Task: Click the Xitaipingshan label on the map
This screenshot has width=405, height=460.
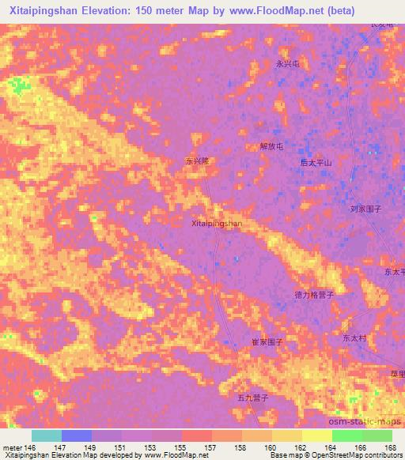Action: pyautogui.click(x=217, y=224)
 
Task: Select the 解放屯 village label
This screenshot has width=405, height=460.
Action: pyautogui.click(x=271, y=146)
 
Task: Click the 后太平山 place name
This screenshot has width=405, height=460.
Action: pyautogui.click(x=316, y=162)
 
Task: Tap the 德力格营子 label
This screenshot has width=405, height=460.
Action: pyautogui.click(x=315, y=294)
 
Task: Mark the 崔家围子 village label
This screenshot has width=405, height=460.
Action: pyautogui.click(x=267, y=343)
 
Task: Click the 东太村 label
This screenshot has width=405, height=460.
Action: pyautogui.click(x=355, y=337)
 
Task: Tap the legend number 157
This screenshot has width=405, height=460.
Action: pyautogui.click(x=211, y=447)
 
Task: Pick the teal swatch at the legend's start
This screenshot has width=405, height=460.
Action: pyautogui.click(x=47, y=435)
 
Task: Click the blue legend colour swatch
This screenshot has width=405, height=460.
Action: pyautogui.click(x=77, y=435)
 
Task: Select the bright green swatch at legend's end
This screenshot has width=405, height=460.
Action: pyautogui.click(x=377, y=435)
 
